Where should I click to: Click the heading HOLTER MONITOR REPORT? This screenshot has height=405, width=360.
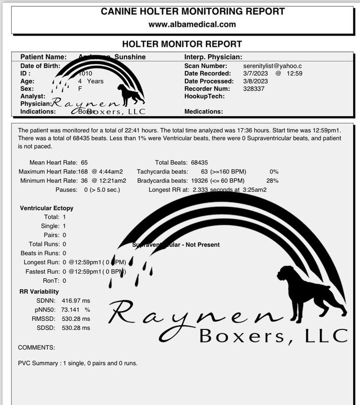click(x=182, y=44)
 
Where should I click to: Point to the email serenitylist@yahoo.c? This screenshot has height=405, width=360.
click(x=273, y=66)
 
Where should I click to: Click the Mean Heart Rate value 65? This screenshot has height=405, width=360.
click(x=84, y=162)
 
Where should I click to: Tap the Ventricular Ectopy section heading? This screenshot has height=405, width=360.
click(x=47, y=208)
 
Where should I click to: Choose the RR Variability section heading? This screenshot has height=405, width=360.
click(x=39, y=292)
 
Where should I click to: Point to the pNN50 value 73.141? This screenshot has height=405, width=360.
click(x=72, y=310)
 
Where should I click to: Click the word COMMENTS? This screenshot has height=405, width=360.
click(x=36, y=348)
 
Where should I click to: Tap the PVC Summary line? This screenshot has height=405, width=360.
click(x=78, y=363)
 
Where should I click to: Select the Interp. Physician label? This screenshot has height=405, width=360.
click(x=213, y=57)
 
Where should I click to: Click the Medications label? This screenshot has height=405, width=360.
click(x=203, y=112)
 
